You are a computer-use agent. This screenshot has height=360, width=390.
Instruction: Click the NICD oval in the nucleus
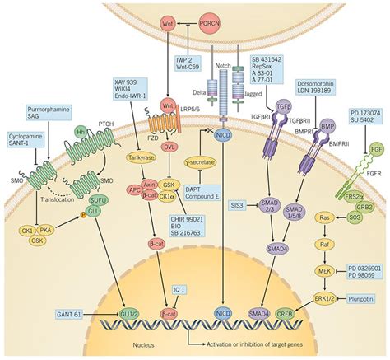(222, 313)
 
